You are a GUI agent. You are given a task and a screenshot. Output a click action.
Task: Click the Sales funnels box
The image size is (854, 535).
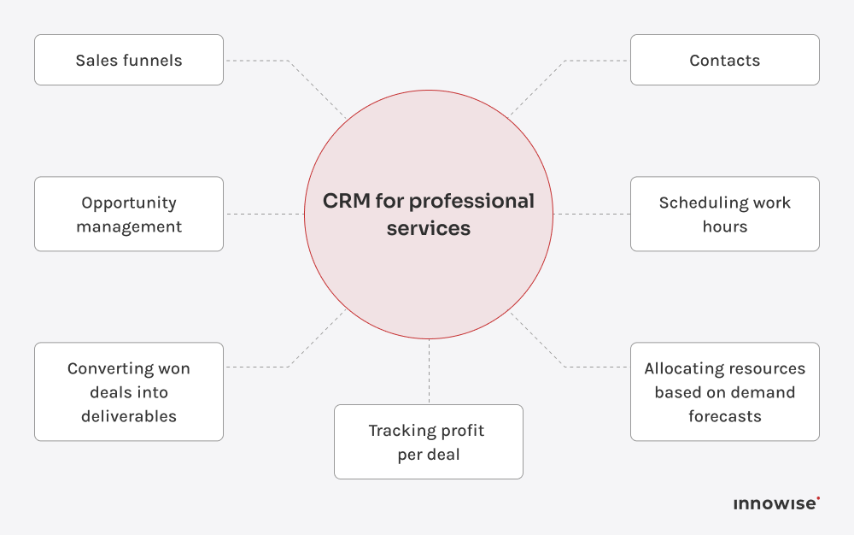129,60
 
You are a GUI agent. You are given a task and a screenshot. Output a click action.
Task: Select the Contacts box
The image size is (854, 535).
725,60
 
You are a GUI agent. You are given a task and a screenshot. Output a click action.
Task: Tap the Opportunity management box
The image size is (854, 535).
129,215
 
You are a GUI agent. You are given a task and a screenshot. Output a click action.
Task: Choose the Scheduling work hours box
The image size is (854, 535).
725,215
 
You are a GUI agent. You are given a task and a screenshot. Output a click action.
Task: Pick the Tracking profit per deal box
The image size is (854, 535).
429,442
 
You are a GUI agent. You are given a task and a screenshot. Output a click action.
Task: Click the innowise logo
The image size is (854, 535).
776,503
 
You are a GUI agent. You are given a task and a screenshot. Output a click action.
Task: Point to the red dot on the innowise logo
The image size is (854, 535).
818,498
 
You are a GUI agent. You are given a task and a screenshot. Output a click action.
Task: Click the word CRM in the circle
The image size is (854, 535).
347,201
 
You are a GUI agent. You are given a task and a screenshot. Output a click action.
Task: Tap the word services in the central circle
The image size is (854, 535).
429,228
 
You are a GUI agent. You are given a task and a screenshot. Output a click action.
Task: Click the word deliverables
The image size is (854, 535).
129,416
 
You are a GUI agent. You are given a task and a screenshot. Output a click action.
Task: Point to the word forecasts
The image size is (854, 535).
725,416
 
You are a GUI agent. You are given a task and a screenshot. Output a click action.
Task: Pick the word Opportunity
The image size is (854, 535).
129,203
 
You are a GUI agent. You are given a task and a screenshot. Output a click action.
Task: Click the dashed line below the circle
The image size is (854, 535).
430,371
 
